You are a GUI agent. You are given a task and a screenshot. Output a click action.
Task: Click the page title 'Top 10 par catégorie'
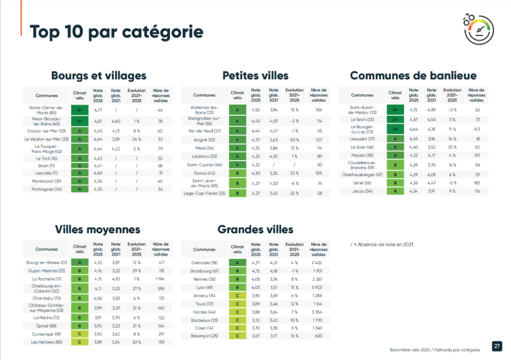(x=117, y=32)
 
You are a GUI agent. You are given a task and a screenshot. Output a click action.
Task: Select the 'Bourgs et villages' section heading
(x=99, y=76)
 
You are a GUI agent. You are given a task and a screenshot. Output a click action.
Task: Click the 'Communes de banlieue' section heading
(x=413, y=76)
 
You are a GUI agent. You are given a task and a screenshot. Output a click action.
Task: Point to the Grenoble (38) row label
(x=204, y=262)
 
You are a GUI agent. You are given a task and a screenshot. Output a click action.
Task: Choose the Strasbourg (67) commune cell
(x=204, y=271)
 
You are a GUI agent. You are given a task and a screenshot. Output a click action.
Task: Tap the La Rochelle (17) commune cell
(x=46, y=279)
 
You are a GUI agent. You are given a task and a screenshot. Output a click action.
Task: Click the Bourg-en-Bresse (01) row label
(x=46, y=262)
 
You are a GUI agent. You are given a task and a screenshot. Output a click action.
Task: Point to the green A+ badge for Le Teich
(x=395, y=120)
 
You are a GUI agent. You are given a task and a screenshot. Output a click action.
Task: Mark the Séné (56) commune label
(x=362, y=183)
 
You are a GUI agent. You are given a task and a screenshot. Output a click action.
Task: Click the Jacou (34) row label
(x=362, y=191)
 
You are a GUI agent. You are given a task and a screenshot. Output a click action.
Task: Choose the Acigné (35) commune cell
(x=204, y=140)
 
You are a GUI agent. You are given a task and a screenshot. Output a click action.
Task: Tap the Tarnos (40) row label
(x=204, y=173)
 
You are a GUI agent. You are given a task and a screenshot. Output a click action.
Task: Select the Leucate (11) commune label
(x=46, y=173)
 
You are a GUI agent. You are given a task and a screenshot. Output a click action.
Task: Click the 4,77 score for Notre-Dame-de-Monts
(x=98, y=110)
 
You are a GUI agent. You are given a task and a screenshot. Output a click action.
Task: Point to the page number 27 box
(x=497, y=346)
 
